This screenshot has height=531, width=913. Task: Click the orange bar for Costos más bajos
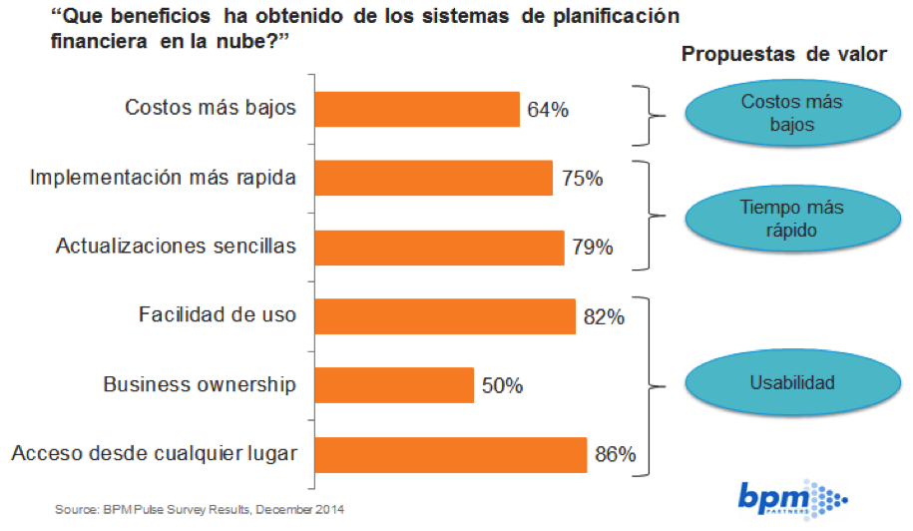418,109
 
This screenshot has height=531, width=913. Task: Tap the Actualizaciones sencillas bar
440,248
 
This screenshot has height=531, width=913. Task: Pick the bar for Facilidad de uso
446,316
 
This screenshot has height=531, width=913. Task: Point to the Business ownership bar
395,385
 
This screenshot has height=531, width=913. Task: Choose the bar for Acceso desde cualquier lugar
451,454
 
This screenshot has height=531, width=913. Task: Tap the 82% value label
604,317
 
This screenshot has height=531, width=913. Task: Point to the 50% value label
502,386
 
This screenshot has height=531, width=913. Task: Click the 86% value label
615,455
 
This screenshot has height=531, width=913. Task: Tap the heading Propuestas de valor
783,55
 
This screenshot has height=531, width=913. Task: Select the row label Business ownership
200,384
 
